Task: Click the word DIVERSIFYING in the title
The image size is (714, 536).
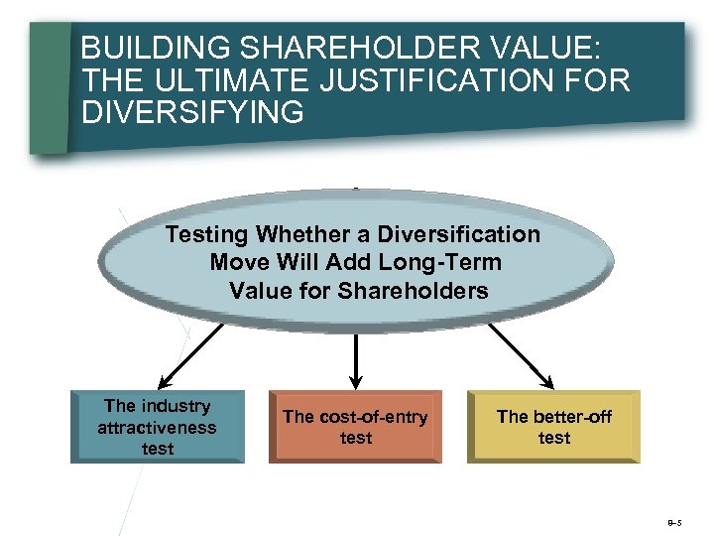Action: tap(192, 112)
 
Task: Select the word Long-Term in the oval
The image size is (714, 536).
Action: tap(447, 263)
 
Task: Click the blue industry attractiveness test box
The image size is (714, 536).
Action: tap(157, 427)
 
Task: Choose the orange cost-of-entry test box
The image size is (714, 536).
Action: tap(355, 427)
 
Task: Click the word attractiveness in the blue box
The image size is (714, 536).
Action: tap(157, 428)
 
